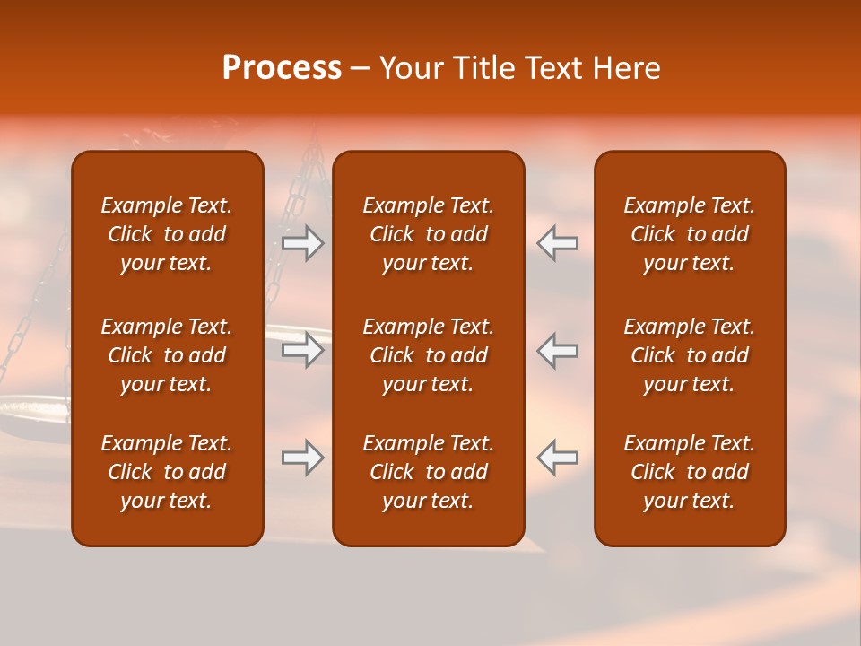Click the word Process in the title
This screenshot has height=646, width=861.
(x=282, y=68)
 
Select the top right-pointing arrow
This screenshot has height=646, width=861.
(x=303, y=243)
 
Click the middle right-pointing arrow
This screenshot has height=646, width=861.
(x=303, y=350)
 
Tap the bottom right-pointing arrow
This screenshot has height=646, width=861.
(x=303, y=458)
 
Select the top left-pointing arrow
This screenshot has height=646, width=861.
(x=558, y=243)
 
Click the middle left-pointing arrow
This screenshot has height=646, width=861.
(x=558, y=350)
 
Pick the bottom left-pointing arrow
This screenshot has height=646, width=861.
(x=558, y=458)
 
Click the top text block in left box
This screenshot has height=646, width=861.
(x=167, y=234)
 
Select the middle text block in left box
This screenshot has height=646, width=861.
(x=167, y=355)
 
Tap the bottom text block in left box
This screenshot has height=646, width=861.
(x=167, y=472)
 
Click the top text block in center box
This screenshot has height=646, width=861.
(x=428, y=234)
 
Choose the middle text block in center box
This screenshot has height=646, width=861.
(x=428, y=355)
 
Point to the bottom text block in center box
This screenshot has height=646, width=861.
(x=428, y=472)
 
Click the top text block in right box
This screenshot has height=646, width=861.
(x=689, y=234)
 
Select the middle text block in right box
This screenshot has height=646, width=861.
(x=689, y=355)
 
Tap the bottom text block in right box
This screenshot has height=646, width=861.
(x=689, y=472)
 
